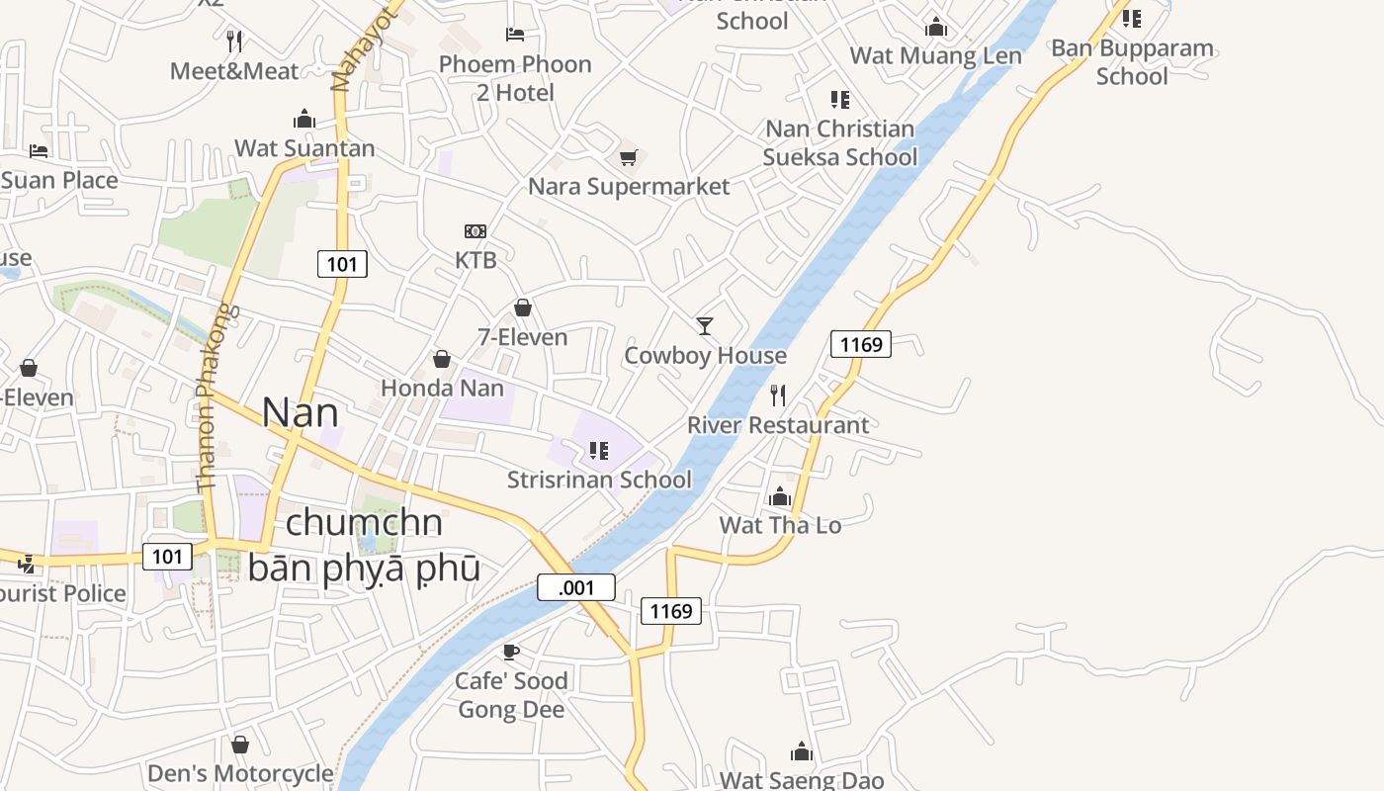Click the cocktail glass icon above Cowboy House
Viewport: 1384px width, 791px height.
click(705, 325)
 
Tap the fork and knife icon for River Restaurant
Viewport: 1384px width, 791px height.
click(778, 395)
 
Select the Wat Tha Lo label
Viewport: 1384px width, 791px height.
click(780, 525)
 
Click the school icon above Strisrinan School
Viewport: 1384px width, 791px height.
click(598, 451)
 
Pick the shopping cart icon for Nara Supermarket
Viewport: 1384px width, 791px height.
click(628, 157)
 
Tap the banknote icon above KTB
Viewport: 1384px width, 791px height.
click(476, 231)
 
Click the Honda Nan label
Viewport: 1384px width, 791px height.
click(442, 388)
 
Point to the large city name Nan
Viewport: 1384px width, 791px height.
click(300, 412)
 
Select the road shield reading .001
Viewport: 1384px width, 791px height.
click(576, 587)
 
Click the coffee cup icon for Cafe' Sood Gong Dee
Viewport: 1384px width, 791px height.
click(511, 652)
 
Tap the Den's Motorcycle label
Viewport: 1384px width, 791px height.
click(240, 773)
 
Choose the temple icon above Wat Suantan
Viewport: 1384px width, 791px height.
click(304, 120)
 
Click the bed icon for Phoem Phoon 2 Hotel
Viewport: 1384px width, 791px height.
click(515, 35)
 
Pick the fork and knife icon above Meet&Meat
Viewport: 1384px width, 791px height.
click(234, 42)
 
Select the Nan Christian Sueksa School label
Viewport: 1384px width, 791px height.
click(840, 142)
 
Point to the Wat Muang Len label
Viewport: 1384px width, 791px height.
click(935, 55)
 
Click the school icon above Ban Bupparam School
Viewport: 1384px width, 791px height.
click(1132, 18)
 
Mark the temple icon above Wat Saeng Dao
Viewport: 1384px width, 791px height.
click(802, 752)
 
